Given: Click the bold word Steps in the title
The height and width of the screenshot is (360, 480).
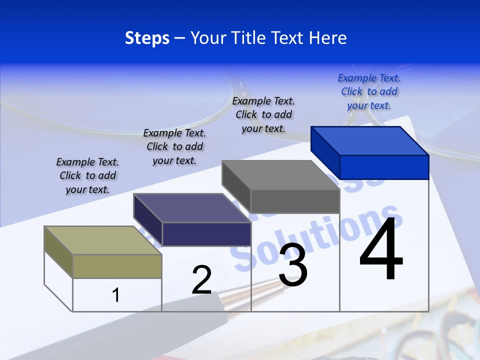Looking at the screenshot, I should (x=147, y=38).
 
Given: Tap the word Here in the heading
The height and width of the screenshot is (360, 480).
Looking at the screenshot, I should (x=327, y=38).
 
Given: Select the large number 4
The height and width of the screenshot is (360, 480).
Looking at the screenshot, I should (x=381, y=250).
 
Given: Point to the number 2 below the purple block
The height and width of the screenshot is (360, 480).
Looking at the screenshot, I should (x=201, y=280).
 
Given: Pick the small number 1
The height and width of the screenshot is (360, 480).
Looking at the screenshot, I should (x=115, y=295).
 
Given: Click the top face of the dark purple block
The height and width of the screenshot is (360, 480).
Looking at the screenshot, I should (x=192, y=208).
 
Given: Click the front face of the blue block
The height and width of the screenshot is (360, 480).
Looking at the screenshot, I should (x=384, y=167).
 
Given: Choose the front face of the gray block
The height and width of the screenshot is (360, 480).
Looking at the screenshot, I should (x=295, y=201).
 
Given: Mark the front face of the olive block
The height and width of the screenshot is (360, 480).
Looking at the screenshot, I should (x=117, y=266).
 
